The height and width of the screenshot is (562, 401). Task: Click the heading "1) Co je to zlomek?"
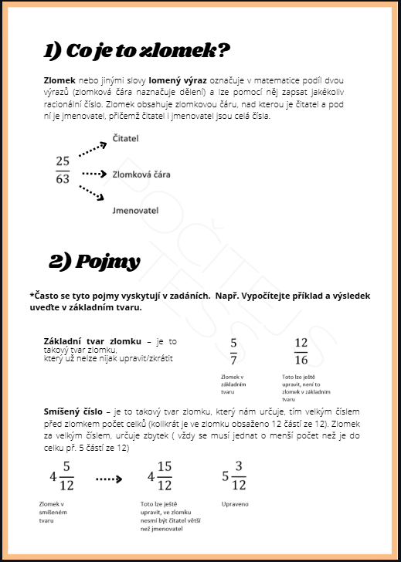(136, 51)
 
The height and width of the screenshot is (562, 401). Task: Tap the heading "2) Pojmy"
(94, 262)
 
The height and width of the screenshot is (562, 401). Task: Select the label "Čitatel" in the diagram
(125, 138)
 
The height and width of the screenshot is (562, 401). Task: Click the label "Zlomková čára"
(141, 174)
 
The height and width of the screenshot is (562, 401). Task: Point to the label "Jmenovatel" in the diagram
(135, 211)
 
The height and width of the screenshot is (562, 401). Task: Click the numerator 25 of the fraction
(63, 161)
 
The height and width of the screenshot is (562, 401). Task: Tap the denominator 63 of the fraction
(63, 178)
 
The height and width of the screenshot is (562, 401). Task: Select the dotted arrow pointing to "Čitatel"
(93, 149)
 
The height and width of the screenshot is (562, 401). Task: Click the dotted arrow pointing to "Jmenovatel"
(92, 192)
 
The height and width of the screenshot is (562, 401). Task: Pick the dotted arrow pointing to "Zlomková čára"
(94, 174)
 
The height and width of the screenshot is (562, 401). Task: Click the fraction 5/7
(233, 351)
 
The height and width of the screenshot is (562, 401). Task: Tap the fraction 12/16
(301, 351)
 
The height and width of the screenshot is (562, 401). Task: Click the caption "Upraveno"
(235, 504)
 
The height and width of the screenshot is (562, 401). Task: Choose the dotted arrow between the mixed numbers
(109, 479)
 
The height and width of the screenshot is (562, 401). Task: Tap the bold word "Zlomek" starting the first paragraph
(59, 80)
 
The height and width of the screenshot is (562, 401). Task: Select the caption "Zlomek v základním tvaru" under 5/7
(233, 384)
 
